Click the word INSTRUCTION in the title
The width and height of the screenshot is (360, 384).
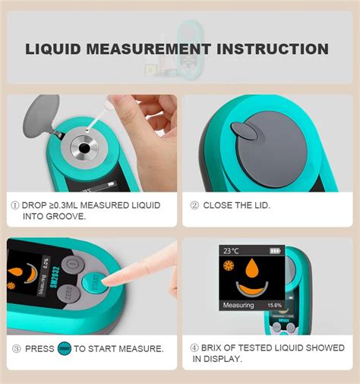pos(273,49)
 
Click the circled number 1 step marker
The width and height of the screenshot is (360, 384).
pos(14,205)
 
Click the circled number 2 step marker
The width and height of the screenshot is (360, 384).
pos(194,205)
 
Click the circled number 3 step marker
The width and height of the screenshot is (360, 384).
pos(14,349)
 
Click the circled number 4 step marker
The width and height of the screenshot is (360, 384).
pos(194,349)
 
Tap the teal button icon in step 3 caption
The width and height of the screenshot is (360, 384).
pos(64,349)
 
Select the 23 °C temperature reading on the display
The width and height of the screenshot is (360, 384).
pos(231,250)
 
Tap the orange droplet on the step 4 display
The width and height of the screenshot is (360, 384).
pos(251,268)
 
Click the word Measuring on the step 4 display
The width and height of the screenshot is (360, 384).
pos(238,306)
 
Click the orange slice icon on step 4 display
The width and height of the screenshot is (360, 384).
pos(229,265)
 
